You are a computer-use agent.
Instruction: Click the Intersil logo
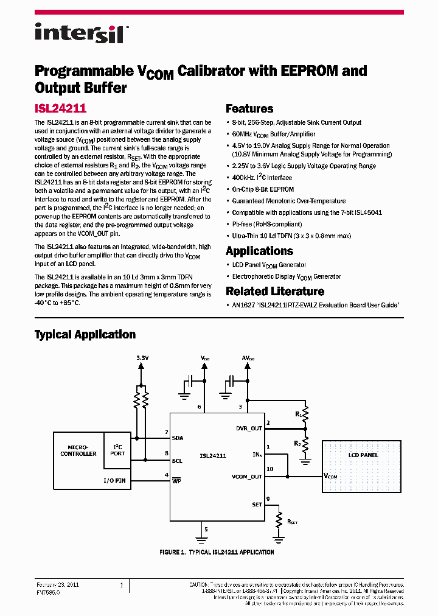pyautogui.click(x=79, y=33)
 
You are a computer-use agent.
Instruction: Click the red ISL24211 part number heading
pyautogui.click(x=60, y=109)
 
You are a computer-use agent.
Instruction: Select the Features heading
pyautogui.click(x=249, y=109)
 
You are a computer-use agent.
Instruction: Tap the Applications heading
pyautogui.click(x=259, y=251)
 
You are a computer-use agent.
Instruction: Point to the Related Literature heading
pyautogui.click(x=275, y=292)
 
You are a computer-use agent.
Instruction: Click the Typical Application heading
pyautogui.click(x=85, y=334)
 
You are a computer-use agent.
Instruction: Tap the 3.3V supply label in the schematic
pyautogui.click(x=142, y=359)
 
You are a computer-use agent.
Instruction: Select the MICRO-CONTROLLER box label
pyautogui.click(x=78, y=450)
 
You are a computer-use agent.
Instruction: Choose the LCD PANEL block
pyautogui.click(x=363, y=455)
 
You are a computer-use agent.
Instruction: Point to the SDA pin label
pyautogui.click(x=177, y=438)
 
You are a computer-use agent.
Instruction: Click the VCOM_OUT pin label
pyautogui.click(x=247, y=477)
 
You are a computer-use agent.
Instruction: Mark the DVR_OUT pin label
pyautogui.click(x=249, y=428)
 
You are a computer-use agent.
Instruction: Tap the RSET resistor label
pyautogui.click(x=292, y=522)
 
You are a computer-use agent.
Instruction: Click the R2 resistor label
pyautogui.click(x=297, y=443)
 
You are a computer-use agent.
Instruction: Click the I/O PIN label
pyautogui.click(x=114, y=481)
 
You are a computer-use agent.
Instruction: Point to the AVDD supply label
pyautogui.click(x=248, y=359)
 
